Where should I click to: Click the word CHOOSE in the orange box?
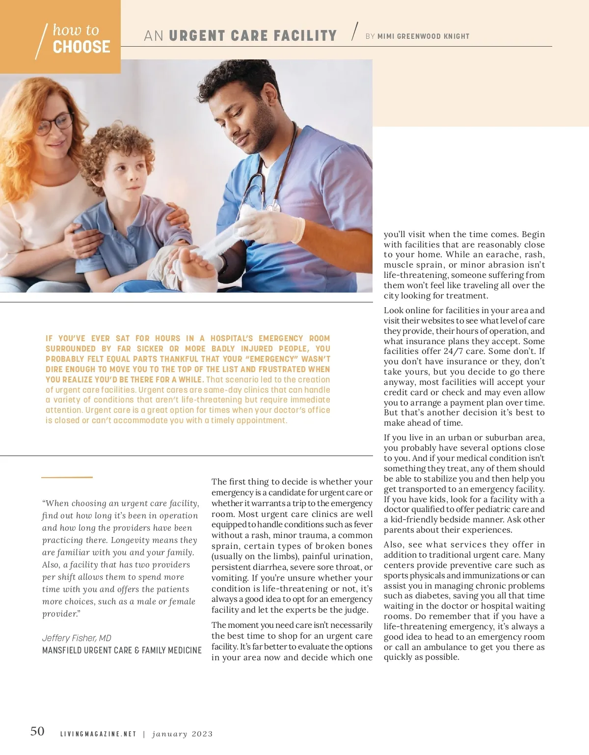pos(81,47)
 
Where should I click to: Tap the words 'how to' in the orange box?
pos(76,30)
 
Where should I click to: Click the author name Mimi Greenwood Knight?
pos(423,36)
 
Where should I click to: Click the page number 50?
pos(37,731)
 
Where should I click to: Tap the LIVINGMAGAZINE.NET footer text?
pos(98,734)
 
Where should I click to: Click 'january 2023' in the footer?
pos(183,734)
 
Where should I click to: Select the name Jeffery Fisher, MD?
pos(77,638)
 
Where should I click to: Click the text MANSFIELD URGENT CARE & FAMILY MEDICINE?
pos(122,650)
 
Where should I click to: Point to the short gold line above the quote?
pos(67,477)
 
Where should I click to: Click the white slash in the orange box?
pos(42,42)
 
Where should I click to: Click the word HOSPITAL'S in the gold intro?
pos(232,338)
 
